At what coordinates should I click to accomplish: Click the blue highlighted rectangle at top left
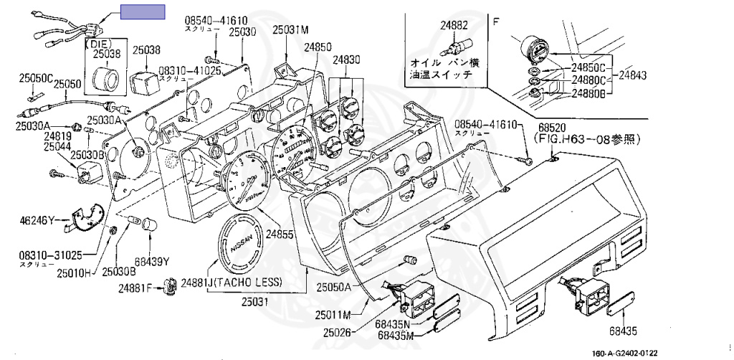[142, 11]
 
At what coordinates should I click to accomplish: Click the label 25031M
[290, 30]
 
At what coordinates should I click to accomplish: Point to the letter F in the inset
[495, 22]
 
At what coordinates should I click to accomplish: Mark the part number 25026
[337, 333]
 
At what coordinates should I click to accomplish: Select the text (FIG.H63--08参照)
[587, 138]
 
